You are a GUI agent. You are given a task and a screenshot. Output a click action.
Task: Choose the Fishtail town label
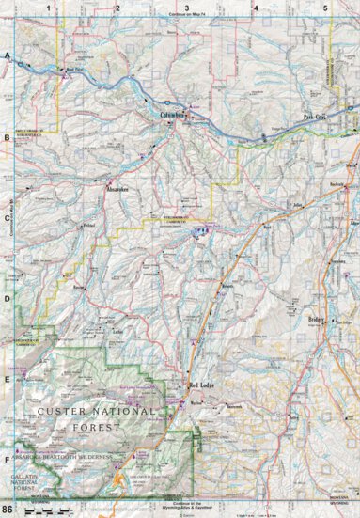coord(89,227)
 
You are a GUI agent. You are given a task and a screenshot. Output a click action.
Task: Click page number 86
coord(8,510)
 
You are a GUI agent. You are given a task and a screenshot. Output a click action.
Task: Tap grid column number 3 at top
coord(187,8)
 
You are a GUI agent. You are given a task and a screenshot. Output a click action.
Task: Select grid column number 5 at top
coord(325,8)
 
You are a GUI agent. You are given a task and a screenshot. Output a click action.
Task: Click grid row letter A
coord(7,56)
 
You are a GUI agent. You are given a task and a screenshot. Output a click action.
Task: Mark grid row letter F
coord(7,460)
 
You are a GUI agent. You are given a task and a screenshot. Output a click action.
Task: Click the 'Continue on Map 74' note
coord(188,17)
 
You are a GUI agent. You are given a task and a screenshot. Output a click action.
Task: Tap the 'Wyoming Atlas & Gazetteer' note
coord(188,508)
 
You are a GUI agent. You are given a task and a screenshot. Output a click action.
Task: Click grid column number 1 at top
coord(49,8)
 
